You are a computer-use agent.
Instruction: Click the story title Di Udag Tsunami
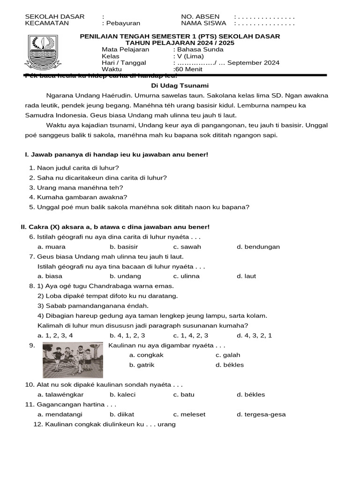pyautogui.click(x=180, y=85)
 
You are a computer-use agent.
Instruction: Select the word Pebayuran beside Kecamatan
pyautogui.click(x=123, y=23)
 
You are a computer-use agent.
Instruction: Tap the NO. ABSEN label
pyautogui.click(x=200, y=16)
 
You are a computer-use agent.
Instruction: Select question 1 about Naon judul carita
pyautogui.click(x=74, y=167)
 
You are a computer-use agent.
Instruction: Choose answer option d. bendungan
pyautogui.click(x=258, y=247)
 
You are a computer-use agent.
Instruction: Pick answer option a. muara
pyautogui.click(x=52, y=247)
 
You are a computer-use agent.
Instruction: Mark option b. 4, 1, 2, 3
pyautogui.click(x=127, y=335)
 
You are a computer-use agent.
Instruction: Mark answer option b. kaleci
pyautogui.click(x=122, y=394)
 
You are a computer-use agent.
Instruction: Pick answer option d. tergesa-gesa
pyautogui.click(x=261, y=414)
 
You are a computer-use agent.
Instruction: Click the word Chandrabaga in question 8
pyautogui.click(x=108, y=286)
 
